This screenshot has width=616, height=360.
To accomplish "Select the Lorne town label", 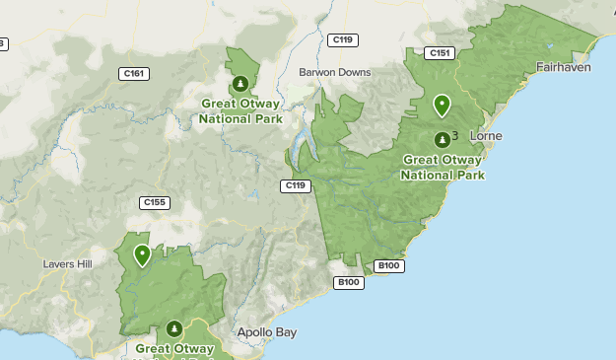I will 487,135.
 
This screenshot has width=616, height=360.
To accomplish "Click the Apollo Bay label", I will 266,332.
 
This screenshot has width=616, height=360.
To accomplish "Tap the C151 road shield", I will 441,53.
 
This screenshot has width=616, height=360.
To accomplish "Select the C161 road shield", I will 133,73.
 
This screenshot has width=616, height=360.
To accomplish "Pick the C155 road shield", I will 155,203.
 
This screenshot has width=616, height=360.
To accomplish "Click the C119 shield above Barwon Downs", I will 344,39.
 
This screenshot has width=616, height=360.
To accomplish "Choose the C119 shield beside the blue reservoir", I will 296,185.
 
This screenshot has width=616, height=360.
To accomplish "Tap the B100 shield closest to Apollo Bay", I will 349,282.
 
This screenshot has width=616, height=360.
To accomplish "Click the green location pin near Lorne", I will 442,105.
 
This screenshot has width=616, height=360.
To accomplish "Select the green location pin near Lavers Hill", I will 143,255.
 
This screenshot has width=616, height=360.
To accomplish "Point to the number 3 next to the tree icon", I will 454,135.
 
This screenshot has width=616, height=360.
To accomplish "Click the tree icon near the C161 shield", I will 240,83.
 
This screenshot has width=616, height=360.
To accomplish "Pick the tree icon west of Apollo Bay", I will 174,328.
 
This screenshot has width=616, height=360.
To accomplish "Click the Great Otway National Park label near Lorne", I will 443,167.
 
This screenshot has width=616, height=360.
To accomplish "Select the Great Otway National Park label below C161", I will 240,110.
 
